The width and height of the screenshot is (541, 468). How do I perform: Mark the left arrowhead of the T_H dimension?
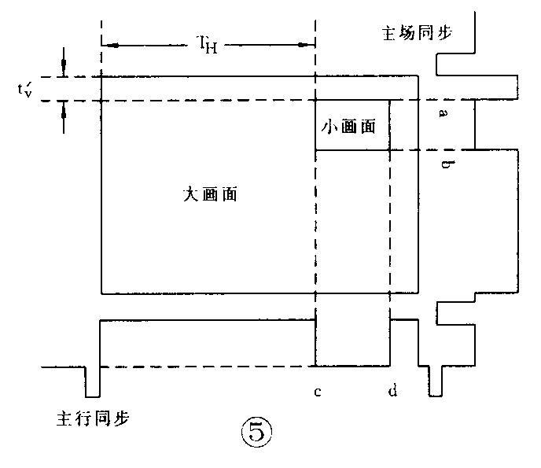110,46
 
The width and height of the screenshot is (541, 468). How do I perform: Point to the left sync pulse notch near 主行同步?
93,382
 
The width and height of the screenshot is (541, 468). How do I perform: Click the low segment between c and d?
353,366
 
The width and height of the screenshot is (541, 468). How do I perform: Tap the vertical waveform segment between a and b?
474,124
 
